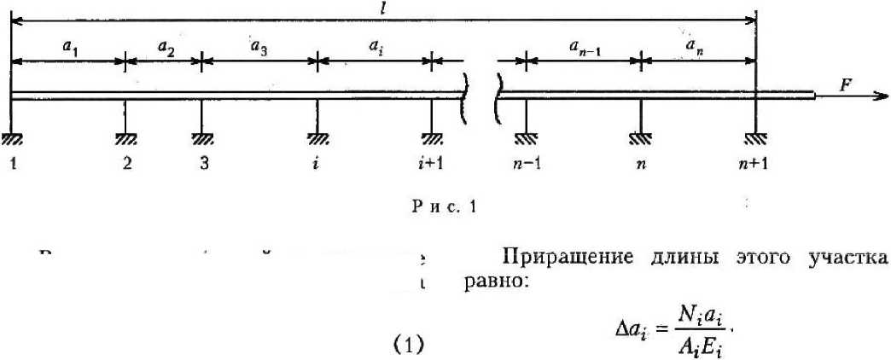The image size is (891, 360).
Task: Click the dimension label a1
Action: pos(69,48)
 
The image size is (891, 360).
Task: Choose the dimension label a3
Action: pos(258,48)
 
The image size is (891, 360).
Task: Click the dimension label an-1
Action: pos(584,49)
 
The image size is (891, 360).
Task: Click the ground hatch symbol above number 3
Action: pos(202,137)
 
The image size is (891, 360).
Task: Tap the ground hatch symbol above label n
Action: pos(640,137)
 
